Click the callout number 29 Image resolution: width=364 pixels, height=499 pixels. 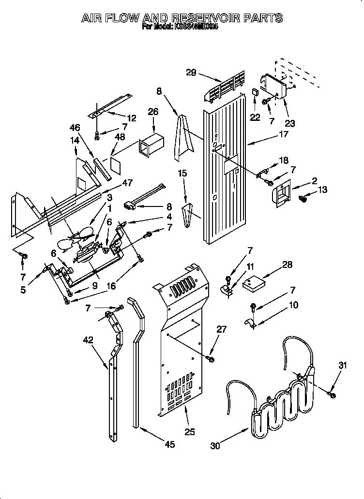[x=191, y=73]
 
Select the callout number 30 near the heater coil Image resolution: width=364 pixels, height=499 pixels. [x=215, y=445]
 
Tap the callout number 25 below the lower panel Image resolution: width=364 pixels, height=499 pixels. [x=190, y=432]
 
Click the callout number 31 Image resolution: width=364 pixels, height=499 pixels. [x=343, y=366]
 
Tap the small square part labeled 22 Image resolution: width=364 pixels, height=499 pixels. [x=255, y=91]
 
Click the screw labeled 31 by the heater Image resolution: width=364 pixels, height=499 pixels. [x=332, y=395]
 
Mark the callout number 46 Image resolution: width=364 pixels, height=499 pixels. [x=75, y=128]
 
